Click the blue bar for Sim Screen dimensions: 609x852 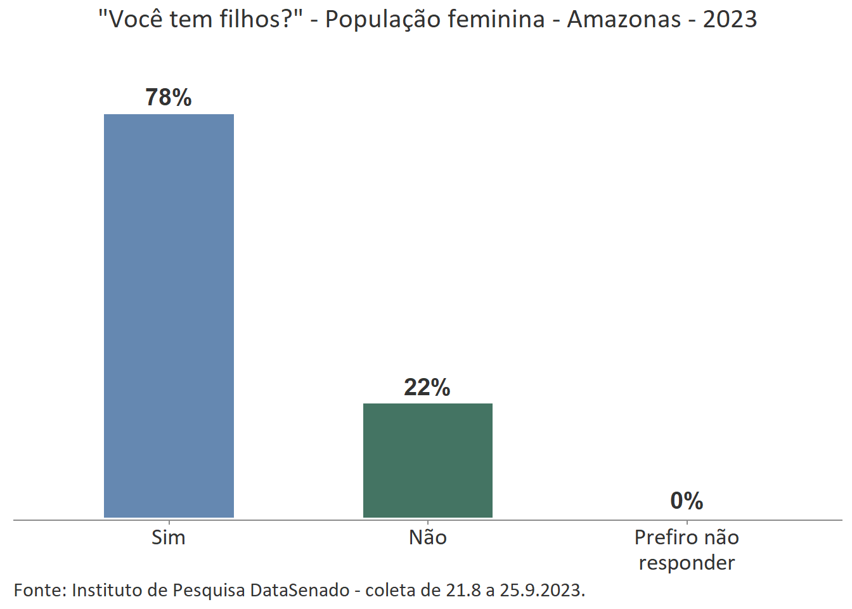coord(169,316)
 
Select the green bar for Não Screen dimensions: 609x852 coord(427,461)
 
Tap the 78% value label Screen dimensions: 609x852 coord(169,98)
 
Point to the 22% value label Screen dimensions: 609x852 coord(427,387)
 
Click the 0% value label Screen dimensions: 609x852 coord(687,501)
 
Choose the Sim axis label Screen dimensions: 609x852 coord(169,538)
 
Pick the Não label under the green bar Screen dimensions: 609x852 coord(428,538)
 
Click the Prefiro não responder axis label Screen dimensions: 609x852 coord(687,550)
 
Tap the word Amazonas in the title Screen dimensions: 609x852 coord(624,20)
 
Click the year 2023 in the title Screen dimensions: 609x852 coord(730,20)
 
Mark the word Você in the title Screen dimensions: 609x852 coord(135,20)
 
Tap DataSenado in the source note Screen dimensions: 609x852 coord(299,591)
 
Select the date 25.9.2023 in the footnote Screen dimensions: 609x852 coord(542,591)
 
